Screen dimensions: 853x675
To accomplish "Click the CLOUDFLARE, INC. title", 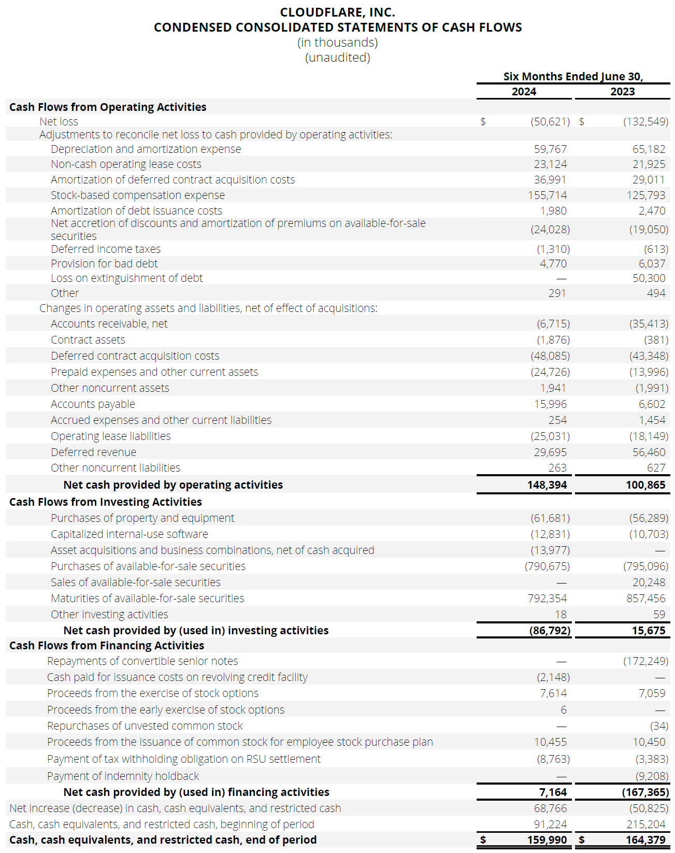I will point(337,12).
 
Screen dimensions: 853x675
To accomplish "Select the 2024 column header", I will point(524,92).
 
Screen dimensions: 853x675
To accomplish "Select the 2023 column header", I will point(622,92).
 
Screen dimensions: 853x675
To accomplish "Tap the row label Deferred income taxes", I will point(106,249).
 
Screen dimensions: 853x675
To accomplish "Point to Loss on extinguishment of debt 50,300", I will point(649,278).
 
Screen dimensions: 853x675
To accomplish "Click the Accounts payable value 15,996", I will point(550,404).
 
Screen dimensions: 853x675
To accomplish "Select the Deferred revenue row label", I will point(93,452).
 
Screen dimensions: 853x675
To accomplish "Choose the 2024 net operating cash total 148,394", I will point(547,485).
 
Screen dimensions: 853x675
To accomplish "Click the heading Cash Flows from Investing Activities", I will point(106,502).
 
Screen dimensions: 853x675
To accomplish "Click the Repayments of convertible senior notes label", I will point(142,661).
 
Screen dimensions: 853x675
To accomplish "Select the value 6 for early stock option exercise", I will point(563,710).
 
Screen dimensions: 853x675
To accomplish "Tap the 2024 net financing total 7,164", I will point(553,792).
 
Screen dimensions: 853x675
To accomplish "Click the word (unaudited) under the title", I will point(337,58).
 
